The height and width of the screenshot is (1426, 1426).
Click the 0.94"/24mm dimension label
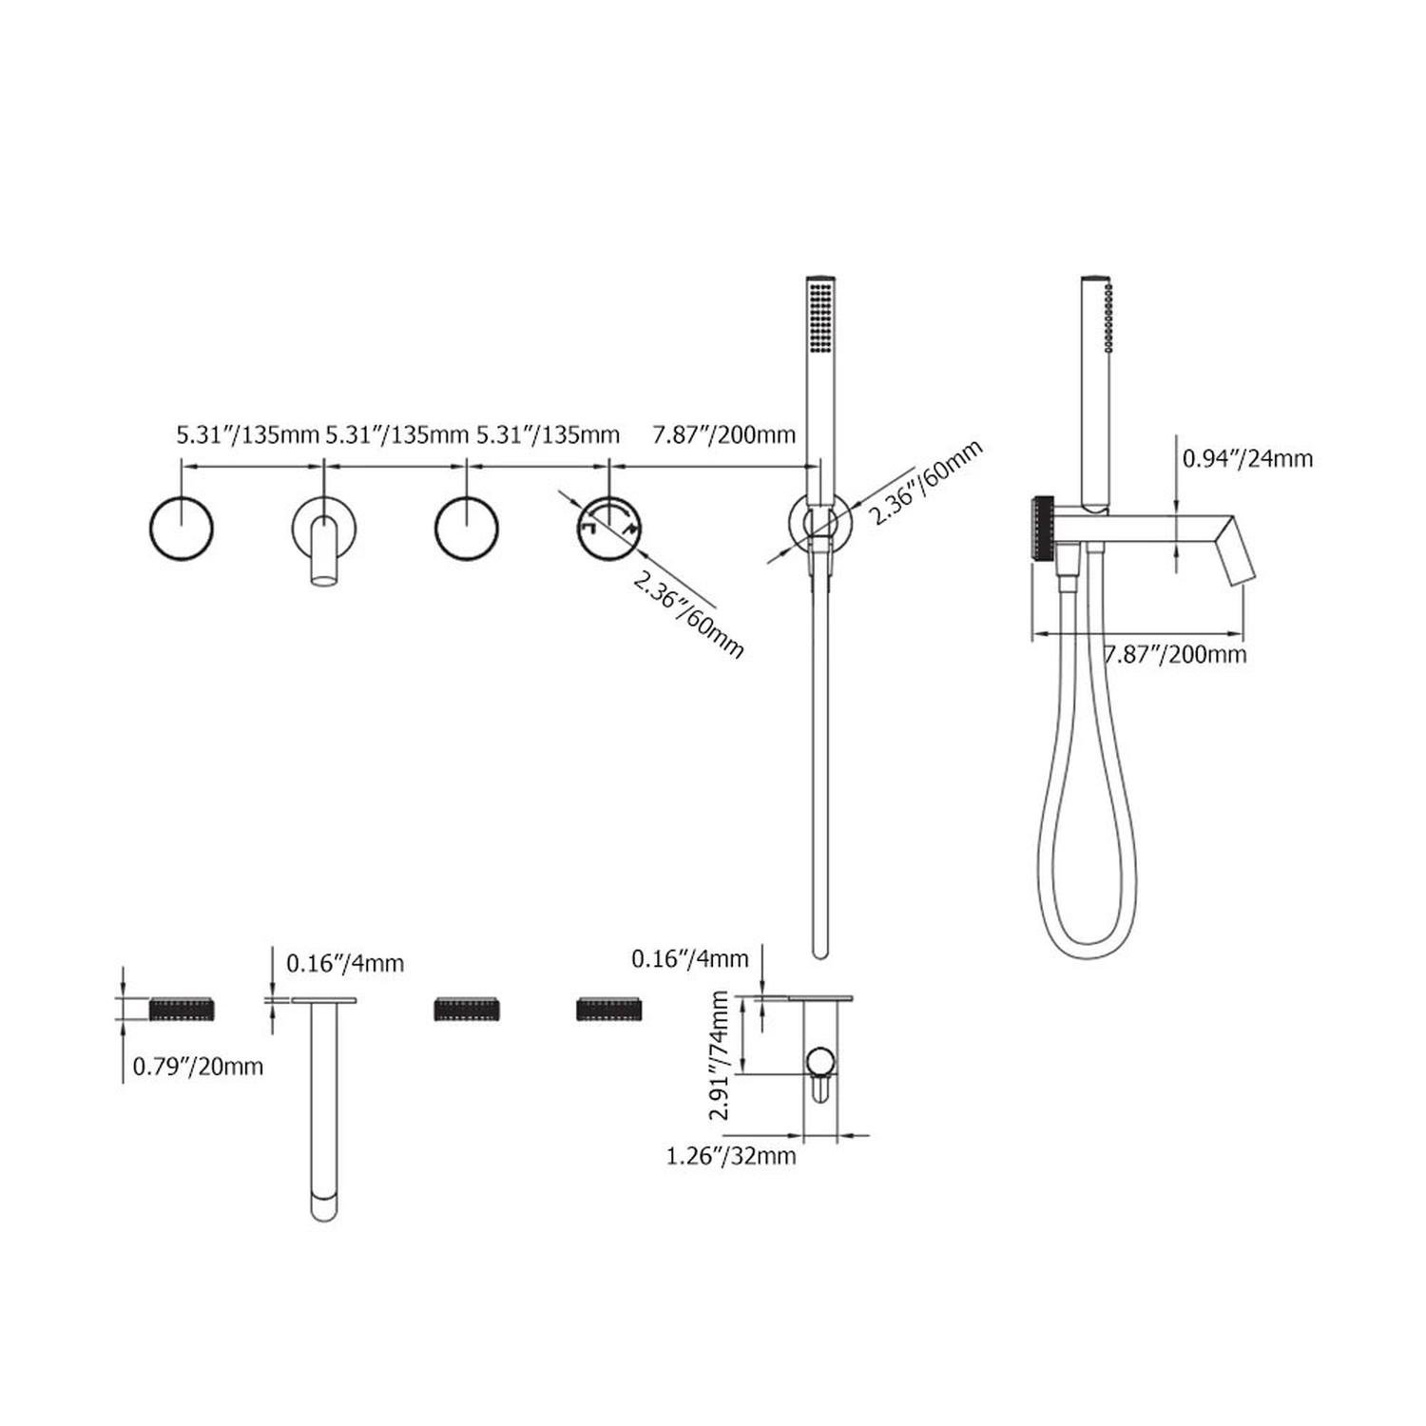(1247, 458)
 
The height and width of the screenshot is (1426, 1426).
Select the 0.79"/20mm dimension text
(198, 1067)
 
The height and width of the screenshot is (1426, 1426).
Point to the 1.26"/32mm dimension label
(731, 1156)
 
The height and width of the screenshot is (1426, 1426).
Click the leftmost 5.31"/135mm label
(247, 435)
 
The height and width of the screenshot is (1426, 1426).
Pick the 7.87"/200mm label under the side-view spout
(1175, 654)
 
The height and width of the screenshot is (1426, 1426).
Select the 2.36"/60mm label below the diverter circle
(687, 617)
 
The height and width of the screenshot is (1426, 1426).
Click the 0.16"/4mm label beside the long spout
(345, 963)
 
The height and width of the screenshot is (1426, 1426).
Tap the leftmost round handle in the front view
(182, 528)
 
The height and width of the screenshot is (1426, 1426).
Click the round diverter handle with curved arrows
(609, 528)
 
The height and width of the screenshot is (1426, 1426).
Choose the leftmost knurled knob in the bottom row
(183, 1009)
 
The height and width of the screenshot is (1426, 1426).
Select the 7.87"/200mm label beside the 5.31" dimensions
(724, 435)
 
